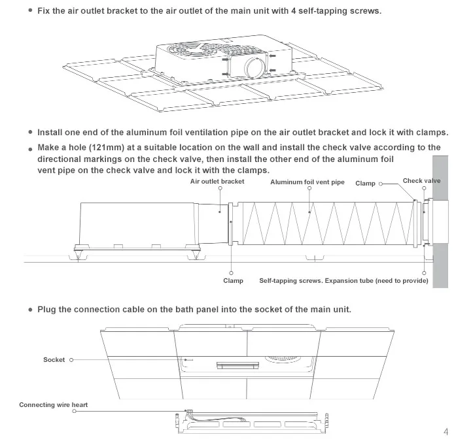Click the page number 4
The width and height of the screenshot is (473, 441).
point(446,431)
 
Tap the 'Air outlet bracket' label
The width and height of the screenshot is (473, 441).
point(217,181)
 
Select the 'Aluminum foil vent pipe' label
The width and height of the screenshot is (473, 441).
point(307,182)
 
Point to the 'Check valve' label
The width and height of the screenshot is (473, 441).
point(421,181)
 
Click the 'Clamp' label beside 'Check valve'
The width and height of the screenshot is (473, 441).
point(365,184)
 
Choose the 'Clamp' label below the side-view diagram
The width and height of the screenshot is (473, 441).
point(233,280)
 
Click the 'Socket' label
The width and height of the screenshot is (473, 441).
point(54,359)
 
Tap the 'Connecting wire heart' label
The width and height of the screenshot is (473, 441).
point(53,405)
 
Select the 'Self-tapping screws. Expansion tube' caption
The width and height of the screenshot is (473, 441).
point(343,280)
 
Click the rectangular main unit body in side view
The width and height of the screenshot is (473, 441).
point(137,223)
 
